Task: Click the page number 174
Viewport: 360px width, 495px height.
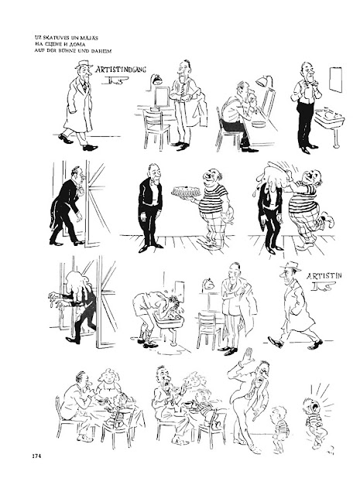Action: coord(36,456)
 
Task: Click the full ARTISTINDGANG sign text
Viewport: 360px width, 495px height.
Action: coord(121,70)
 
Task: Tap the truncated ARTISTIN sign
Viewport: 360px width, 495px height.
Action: coord(324,276)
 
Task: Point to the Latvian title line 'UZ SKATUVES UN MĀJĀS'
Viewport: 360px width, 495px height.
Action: coord(67,38)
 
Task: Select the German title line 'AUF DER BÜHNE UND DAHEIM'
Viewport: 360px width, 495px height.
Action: coord(73,50)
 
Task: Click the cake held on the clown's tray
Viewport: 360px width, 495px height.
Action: coord(187,191)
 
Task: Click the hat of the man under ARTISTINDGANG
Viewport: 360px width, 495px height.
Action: coord(84,64)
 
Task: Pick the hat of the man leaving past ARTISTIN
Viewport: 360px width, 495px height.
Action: coord(290,266)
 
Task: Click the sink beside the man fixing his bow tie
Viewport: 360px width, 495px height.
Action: coord(328,118)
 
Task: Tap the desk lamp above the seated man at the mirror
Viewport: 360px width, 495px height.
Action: coord(264,80)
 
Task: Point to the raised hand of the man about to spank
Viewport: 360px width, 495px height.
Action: coord(248,357)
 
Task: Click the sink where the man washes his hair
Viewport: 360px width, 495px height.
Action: coord(169,322)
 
